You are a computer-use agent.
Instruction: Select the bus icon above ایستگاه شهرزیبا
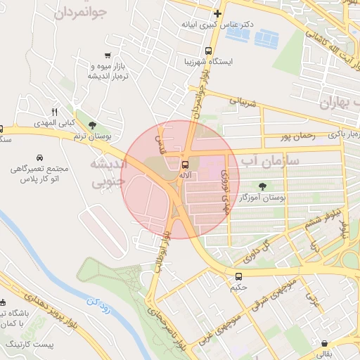click(x=208, y=51)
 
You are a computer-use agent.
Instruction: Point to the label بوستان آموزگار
click(x=263, y=199)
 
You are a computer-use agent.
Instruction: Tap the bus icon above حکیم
click(x=239, y=276)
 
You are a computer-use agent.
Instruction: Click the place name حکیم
click(x=238, y=288)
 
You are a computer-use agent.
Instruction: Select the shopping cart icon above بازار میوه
click(x=106, y=56)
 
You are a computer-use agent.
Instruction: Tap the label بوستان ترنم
click(x=98, y=135)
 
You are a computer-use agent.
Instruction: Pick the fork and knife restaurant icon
click(x=54, y=112)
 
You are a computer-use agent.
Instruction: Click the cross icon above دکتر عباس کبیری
click(x=218, y=13)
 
